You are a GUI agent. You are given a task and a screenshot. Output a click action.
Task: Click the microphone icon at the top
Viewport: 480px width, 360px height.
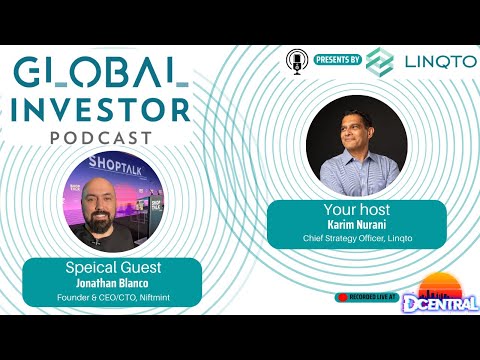click(297, 60)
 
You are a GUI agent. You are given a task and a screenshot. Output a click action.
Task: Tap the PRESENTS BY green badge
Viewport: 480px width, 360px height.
click(337, 60)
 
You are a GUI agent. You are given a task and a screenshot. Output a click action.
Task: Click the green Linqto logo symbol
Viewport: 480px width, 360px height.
click(380, 61)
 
